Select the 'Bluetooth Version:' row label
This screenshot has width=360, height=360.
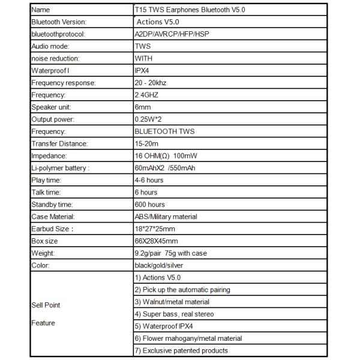coord(58,22)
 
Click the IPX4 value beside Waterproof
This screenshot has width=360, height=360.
coord(142,70)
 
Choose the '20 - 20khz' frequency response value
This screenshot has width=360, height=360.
coord(152,83)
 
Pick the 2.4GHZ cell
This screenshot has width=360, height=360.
coord(147,95)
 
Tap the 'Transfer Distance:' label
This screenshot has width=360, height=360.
coord(59,143)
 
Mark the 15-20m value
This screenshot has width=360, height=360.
coord(146,143)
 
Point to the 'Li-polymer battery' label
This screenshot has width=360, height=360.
coord(59,168)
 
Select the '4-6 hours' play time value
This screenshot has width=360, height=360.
coord(149,180)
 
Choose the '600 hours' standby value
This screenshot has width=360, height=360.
coord(150,205)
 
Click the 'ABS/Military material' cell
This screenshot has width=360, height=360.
coord(166,217)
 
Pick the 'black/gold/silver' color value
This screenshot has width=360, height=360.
coord(161,265)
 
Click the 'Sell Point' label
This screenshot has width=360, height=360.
coord(46,305)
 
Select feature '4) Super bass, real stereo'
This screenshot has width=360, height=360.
coord(174,314)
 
